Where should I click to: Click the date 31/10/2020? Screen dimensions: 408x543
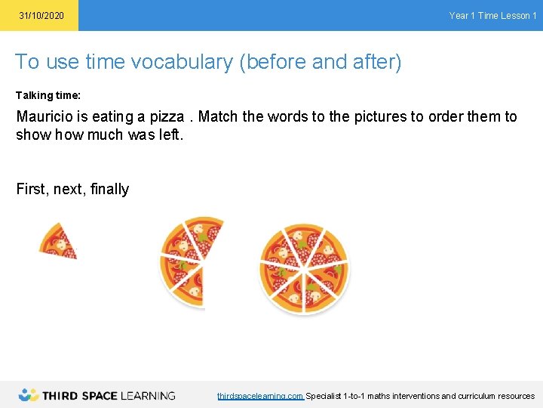[41, 16]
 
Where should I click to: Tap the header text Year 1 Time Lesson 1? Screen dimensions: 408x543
[492, 16]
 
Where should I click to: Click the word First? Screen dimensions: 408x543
[32, 190]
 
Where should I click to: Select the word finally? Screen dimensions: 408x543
[109, 190]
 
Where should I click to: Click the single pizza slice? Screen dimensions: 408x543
[57, 241]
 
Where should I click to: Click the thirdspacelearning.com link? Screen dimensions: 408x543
[260, 396]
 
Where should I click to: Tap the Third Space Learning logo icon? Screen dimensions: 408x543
[29, 394]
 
